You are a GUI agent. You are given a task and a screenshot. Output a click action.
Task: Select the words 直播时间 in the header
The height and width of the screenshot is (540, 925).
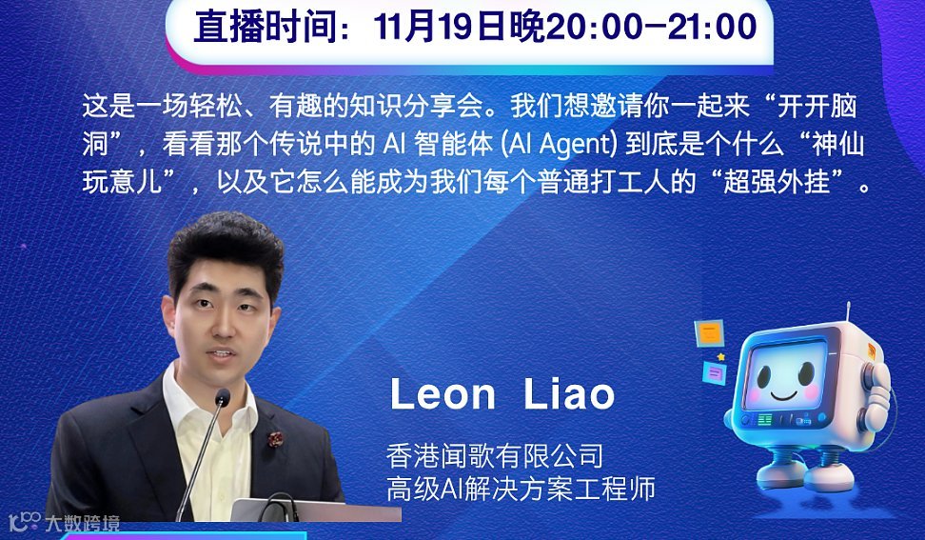click(256, 27)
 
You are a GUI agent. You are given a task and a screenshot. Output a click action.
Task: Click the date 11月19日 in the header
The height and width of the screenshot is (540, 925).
click(441, 26)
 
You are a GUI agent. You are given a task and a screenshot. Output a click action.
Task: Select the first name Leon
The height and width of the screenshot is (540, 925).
click(443, 394)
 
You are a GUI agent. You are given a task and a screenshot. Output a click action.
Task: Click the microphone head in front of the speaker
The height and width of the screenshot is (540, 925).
click(222, 397)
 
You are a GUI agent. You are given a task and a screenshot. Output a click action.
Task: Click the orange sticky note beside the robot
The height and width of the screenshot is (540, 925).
click(709, 332)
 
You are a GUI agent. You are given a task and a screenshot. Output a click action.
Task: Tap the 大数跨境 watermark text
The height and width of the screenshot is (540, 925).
click(82, 522)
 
